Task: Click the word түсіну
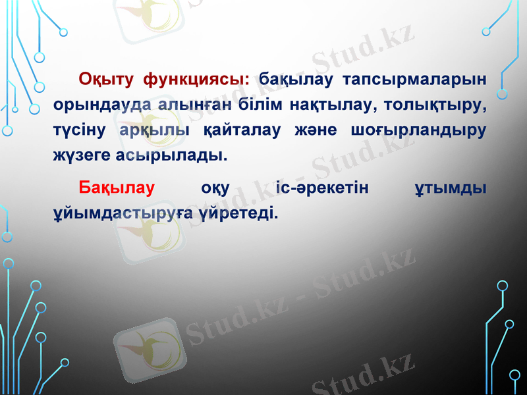point(82,130)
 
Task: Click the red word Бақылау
point(116,189)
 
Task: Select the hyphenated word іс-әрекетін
point(323,189)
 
